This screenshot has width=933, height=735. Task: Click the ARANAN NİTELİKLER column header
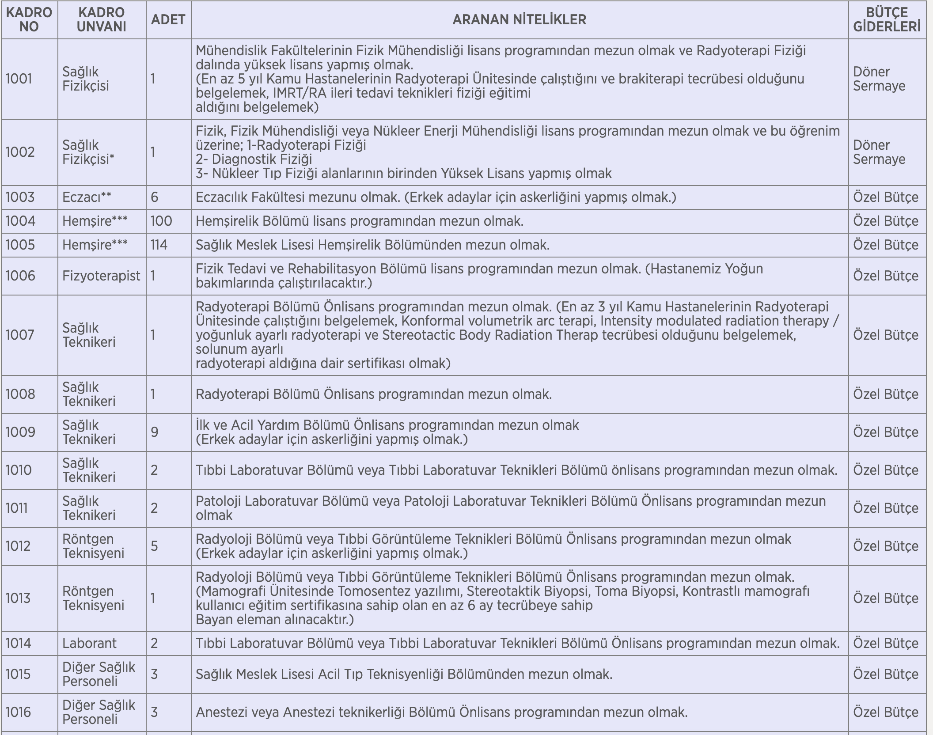pyautogui.click(x=519, y=19)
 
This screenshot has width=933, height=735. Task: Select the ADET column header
pyautogui.click(x=168, y=19)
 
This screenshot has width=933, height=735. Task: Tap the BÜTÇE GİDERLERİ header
pyautogui.click(x=887, y=19)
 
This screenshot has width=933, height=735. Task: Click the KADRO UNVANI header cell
pyautogui.click(x=101, y=19)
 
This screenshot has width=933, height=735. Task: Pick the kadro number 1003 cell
pyautogui.click(x=20, y=197)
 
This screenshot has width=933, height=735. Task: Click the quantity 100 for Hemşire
pyautogui.click(x=161, y=221)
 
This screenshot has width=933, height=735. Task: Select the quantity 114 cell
pyautogui.click(x=159, y=245)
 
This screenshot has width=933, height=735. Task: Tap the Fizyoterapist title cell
pyautogui.click(x=101, y=276)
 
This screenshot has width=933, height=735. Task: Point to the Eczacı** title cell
pyautogui.click(x=87, y=197)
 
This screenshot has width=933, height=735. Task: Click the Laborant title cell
pyautogui.click(x=89, y=643)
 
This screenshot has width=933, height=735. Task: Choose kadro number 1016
pyautogui.click(x=18, y=712)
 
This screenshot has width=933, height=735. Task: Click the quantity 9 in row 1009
pyautogui.click(x=154, y=432)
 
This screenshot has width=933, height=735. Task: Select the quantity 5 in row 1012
pyautogui.click(x=154, y=546)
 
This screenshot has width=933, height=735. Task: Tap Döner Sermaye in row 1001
pyautogui.click(x=879, y=79)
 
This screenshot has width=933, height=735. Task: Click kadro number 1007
pyautogui.click(x=19, y=335)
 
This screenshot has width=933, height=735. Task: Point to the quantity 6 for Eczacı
pyautogui.click(x=154, y=197)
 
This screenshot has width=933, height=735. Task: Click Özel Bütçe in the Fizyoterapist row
pyautogui.click(x=885, y=276)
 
